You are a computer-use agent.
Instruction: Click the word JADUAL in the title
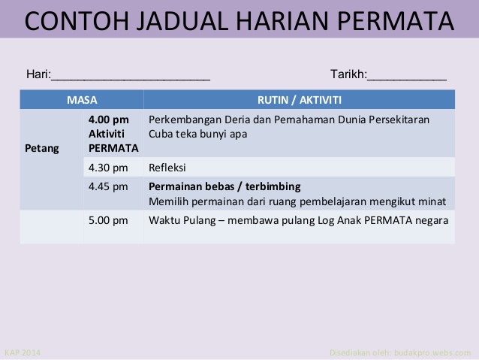coord(182,21)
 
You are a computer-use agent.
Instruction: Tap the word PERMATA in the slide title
coord(396,21)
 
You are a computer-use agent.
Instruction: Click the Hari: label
coord(39,74)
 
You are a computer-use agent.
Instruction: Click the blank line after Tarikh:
coord(407,80)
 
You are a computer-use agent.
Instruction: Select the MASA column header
coord(82,100)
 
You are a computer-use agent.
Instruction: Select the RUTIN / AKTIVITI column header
coord(300,100)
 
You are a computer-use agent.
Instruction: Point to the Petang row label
coord(42,148)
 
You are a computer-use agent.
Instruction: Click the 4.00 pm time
coord(108,119)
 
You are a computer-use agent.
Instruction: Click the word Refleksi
coord(167,168)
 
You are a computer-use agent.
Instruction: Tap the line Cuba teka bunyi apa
coord(197,134)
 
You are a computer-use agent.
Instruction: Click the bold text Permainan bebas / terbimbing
coord(224,186)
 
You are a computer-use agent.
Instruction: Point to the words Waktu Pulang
coord(182,220)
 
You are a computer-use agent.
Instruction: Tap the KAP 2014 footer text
coord(23,352)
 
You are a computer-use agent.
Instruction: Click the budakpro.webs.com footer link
coord(432,352)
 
